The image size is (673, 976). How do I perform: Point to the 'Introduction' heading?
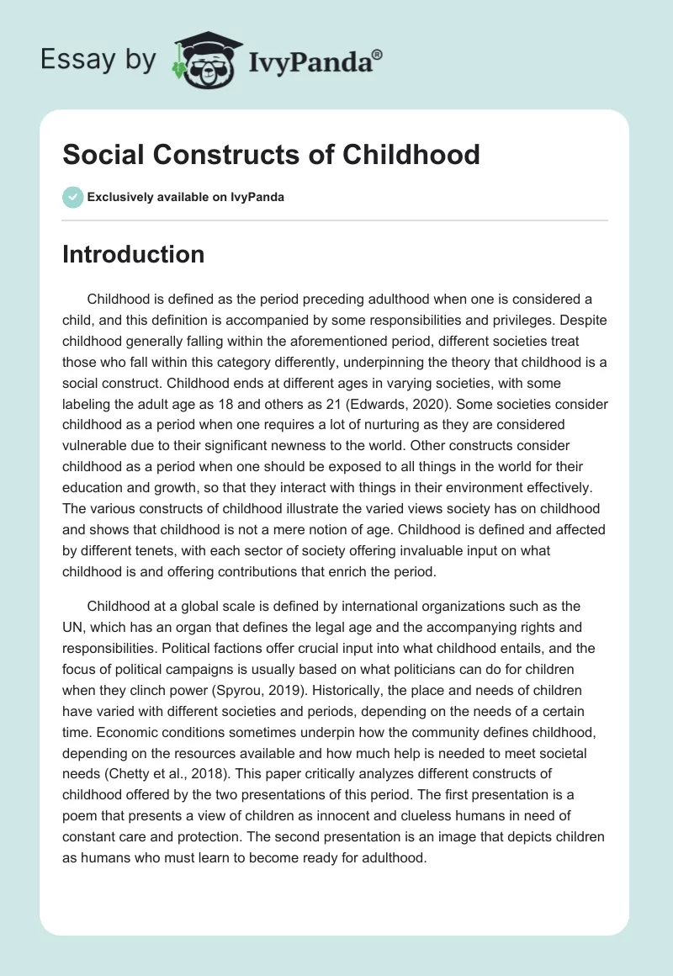point(133,254)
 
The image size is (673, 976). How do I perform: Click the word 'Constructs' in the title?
point(219,155)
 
